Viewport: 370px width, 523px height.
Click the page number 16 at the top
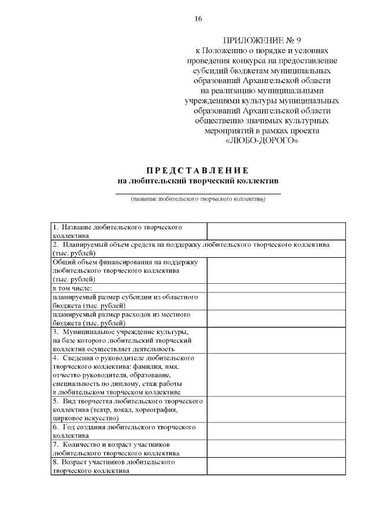[x=198, y=18]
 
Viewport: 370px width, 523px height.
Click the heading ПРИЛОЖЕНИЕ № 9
[x=262, y=40]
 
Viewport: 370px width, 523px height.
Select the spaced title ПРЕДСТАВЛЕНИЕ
[x=197, y=170]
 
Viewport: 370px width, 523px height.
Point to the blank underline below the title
[x=198, y=192]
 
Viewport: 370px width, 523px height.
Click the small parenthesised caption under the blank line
[x=198, y=199]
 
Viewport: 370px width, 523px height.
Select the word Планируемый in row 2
[x=86, y=245]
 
